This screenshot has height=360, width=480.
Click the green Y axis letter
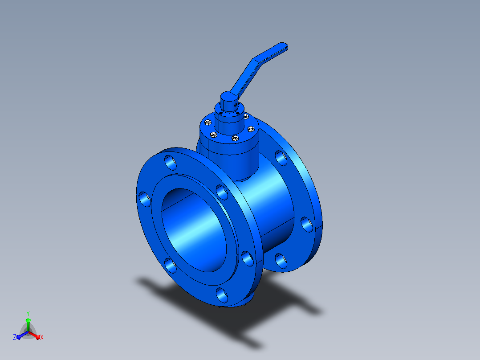28,313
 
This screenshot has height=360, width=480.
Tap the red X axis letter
42,337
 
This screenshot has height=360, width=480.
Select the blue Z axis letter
15,337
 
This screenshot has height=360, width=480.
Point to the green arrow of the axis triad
28,324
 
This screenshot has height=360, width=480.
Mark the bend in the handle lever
256,60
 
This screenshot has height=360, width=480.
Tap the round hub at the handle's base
229,101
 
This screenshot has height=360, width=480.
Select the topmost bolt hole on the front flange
171,162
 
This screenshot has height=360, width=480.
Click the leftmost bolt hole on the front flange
145,199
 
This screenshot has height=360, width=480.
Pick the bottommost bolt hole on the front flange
222,295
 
